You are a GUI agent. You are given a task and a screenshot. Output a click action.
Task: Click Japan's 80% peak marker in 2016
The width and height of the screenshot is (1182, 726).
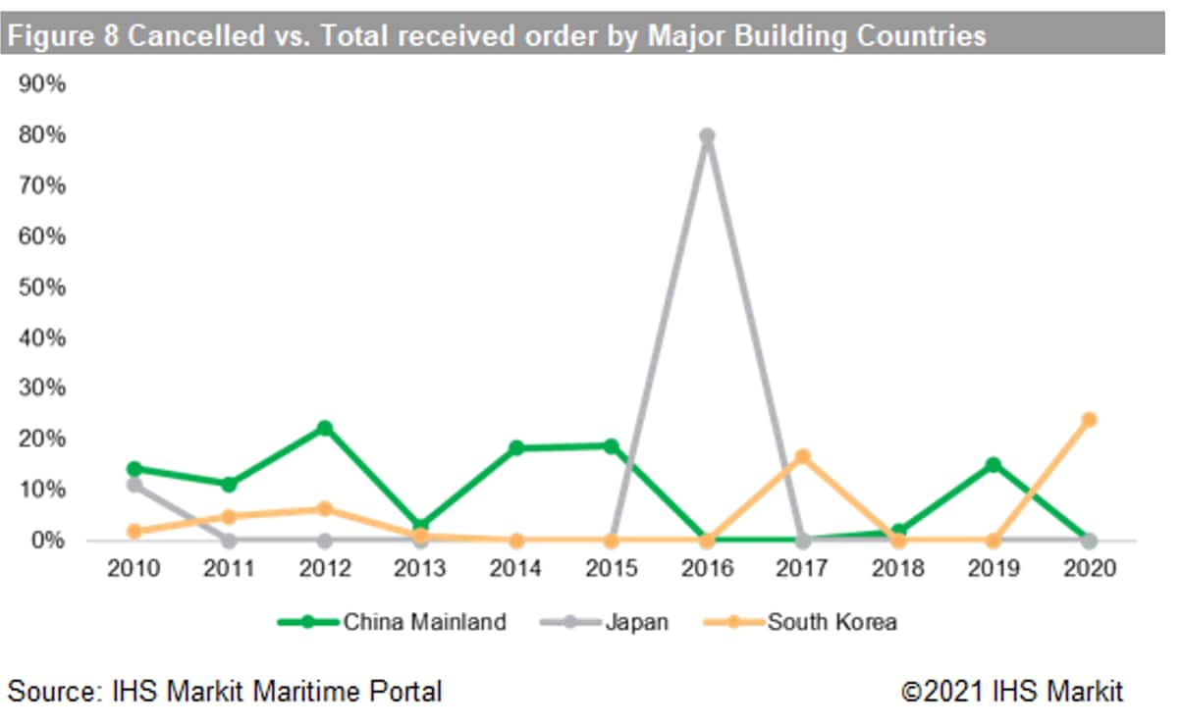[x=706, y=136]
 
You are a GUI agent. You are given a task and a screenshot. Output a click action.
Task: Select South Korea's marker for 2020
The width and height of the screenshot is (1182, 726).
[x=1088, y=420]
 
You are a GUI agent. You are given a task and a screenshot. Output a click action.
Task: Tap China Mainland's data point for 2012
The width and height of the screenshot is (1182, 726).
[x=325, y=428]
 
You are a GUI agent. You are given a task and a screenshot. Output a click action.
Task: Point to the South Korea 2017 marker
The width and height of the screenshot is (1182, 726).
[x=802, y=456]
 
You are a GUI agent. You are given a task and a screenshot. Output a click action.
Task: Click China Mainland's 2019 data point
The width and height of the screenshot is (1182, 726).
[x=993, y=464]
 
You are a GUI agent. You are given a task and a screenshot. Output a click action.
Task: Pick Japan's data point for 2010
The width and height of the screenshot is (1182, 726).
[x=134, y=485]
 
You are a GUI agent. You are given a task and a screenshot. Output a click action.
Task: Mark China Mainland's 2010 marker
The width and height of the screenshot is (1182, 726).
[x=134, y=469]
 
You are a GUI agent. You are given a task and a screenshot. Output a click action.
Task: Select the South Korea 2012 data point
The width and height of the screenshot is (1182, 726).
[x=325, y=509]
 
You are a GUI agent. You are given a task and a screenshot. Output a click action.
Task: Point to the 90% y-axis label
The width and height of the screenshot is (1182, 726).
[x=42, y=84]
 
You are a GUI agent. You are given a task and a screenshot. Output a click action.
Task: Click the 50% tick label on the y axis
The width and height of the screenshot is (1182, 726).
[x=42, y=287]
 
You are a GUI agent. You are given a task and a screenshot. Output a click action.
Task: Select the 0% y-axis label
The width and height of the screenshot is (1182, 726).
[x=47, y=541]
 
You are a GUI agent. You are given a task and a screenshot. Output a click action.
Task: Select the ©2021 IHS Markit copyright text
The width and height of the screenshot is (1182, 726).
[x=1012, y=691]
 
